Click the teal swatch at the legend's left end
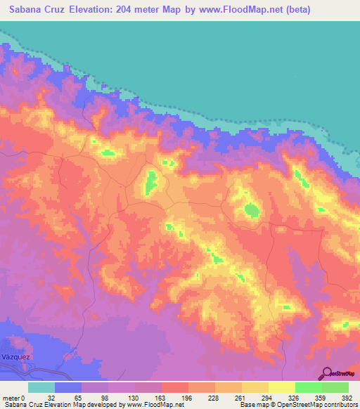[x=41, y=387]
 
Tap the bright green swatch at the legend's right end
[x=335, y=387]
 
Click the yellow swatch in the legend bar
[x=282, y=387]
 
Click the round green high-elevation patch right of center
[x=251, y=209]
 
